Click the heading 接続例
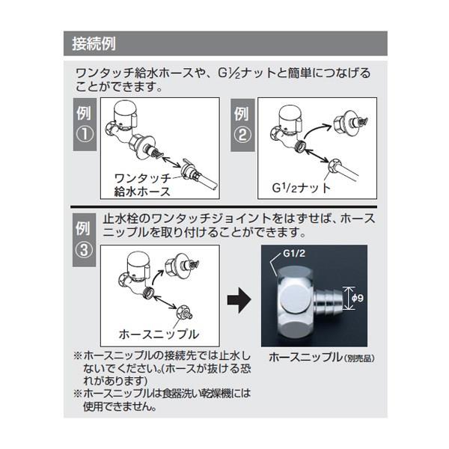coord(94,44)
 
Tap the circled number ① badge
coord(85,134)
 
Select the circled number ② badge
coord(242,135)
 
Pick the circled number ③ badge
coord(84,250)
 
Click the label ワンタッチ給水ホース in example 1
coord(142,185)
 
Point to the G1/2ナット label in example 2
coord(301,188)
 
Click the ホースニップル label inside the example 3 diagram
coord(159,334)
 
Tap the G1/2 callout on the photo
coord(294,254)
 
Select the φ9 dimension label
coord(358,298)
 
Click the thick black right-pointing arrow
coord(239,300)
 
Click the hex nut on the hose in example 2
coord(334,164)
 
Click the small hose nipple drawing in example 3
coord(184,313)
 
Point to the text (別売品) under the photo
coord(359,358)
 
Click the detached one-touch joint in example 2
coord(350,121)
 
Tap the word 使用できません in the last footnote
coord(120,406)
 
